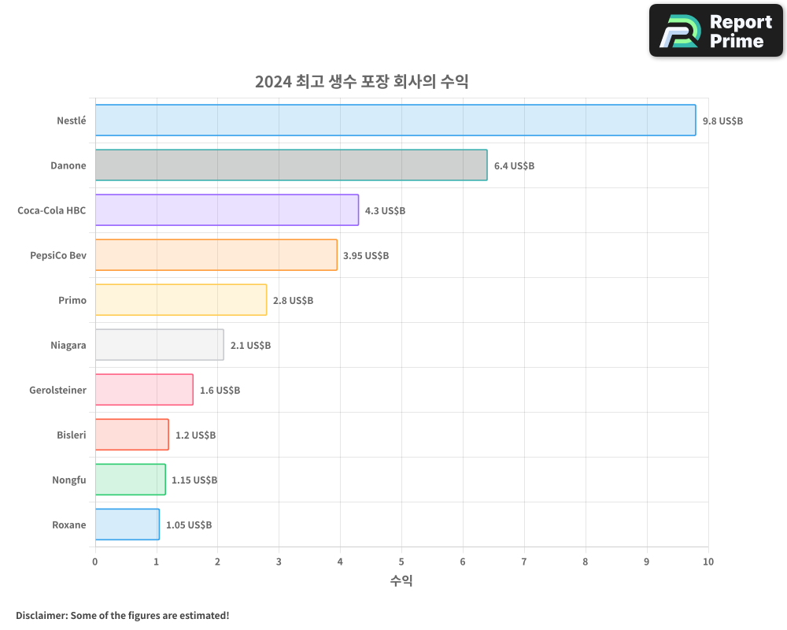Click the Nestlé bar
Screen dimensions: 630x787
tap(395, 120)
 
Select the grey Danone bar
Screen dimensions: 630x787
tap(291, 165)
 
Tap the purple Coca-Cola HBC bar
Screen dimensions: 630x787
tap(227, 210)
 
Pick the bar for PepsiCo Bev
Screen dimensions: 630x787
tap(216, 255)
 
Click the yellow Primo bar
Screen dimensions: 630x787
tap(181, 300)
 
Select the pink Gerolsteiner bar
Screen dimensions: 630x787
tap(144, 390)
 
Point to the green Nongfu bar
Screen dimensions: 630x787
tap(130, 480)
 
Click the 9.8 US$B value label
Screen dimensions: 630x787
tap(722, 121)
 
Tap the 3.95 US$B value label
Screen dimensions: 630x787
tap(366, 256)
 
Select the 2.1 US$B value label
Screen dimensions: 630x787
tap(250, 346)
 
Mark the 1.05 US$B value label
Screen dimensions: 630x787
tap(188, 525)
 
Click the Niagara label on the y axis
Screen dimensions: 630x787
tap(68, 345)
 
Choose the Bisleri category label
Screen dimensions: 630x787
tap(72, 435)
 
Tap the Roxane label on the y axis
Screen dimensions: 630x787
tap(69, 524)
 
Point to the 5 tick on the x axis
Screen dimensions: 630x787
tap(401, 561)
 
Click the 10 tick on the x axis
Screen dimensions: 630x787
tap(708, 561)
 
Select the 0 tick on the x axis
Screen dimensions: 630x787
tap(95, 561)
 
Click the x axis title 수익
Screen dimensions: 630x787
tap(401, 581)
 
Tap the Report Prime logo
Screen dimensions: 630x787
tap(716, 31)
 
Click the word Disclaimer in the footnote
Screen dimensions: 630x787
tap(40, 615)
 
